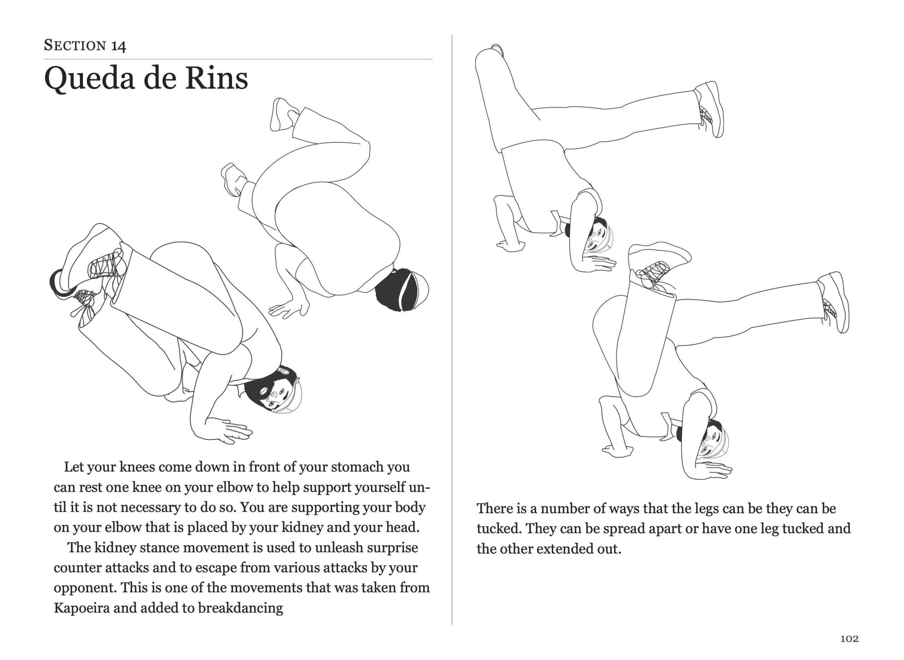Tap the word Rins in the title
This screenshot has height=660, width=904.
pyautogui.click(x=216, y=78)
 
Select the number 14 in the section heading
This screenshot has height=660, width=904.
pyautogui.click(x=118, y=46)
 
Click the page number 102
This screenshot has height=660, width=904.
pyautogui.click(x=849, y=638)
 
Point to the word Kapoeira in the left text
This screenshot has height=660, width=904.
pyautogui.click(x=82, y=608)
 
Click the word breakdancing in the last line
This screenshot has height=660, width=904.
pyautogui.click(x=240, y=608)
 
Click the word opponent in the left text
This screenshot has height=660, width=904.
pyautogui.click(x=85, y=588)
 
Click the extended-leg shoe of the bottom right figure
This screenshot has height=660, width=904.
pyautogui.click(x=835, y=302)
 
